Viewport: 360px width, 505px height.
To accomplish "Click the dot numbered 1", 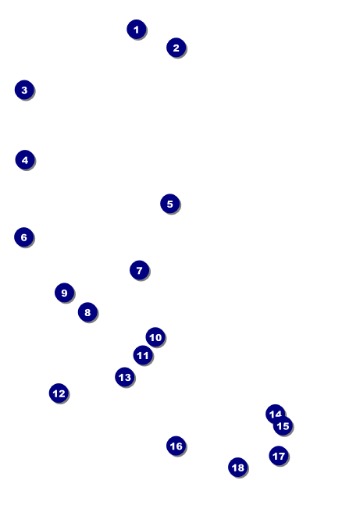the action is click(x=137, y=30).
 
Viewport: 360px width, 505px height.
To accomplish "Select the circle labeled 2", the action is click(x=176, y=48).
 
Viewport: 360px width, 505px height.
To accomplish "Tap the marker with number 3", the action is click(x=24, y=90).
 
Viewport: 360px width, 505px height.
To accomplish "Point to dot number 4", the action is click(x=25, y=160).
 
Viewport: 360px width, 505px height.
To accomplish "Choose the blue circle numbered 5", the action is click(x=169, y=204).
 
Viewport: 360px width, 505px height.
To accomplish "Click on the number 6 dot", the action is click(x=24, y=237).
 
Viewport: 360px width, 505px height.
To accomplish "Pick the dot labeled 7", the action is click(x=139, y=270).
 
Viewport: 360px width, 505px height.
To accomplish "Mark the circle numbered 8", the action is click(x=87, y=312).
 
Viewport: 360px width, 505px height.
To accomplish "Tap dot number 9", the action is click(x=65, y=293).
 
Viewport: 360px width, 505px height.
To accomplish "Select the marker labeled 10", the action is click(x=155, y=337).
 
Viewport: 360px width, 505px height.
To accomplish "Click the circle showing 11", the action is click(x=143, y=355).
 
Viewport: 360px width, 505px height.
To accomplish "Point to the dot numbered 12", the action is click(x=59, y=393).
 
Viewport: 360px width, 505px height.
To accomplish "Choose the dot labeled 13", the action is click(x=125, y=377).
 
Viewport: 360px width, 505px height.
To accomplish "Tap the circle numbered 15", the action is click(x=283, y=426).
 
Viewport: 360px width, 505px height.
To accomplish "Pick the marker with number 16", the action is click(x=176, y=446).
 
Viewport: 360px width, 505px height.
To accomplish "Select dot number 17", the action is click(x=279, y=456).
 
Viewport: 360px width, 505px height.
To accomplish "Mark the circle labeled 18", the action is click(x=238, y=468).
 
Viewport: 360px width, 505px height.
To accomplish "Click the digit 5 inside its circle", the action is click(x=169, y=204).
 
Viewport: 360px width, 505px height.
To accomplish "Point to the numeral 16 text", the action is click(x=176, y=446).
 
